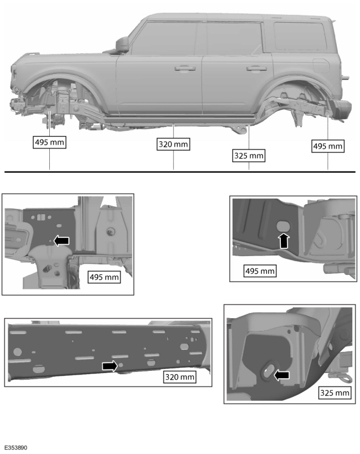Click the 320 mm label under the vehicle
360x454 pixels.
(x=174, y=144)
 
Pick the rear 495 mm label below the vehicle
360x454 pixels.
(x=328, y=146)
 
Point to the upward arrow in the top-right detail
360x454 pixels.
(x=284, y=241)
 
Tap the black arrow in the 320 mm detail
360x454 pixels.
(x=110, y=365)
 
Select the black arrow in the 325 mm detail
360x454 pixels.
(x=282, y=375)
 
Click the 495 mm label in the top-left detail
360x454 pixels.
(x=104, y=277)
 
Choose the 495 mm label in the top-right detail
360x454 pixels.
(x=260, y=271)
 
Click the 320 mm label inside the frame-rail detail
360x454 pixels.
(x=180, y=377)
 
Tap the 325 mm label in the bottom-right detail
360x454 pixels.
(x=335, y=392)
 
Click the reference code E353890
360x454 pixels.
(x=15, y=447)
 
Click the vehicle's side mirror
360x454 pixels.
(x=122, y=44)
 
